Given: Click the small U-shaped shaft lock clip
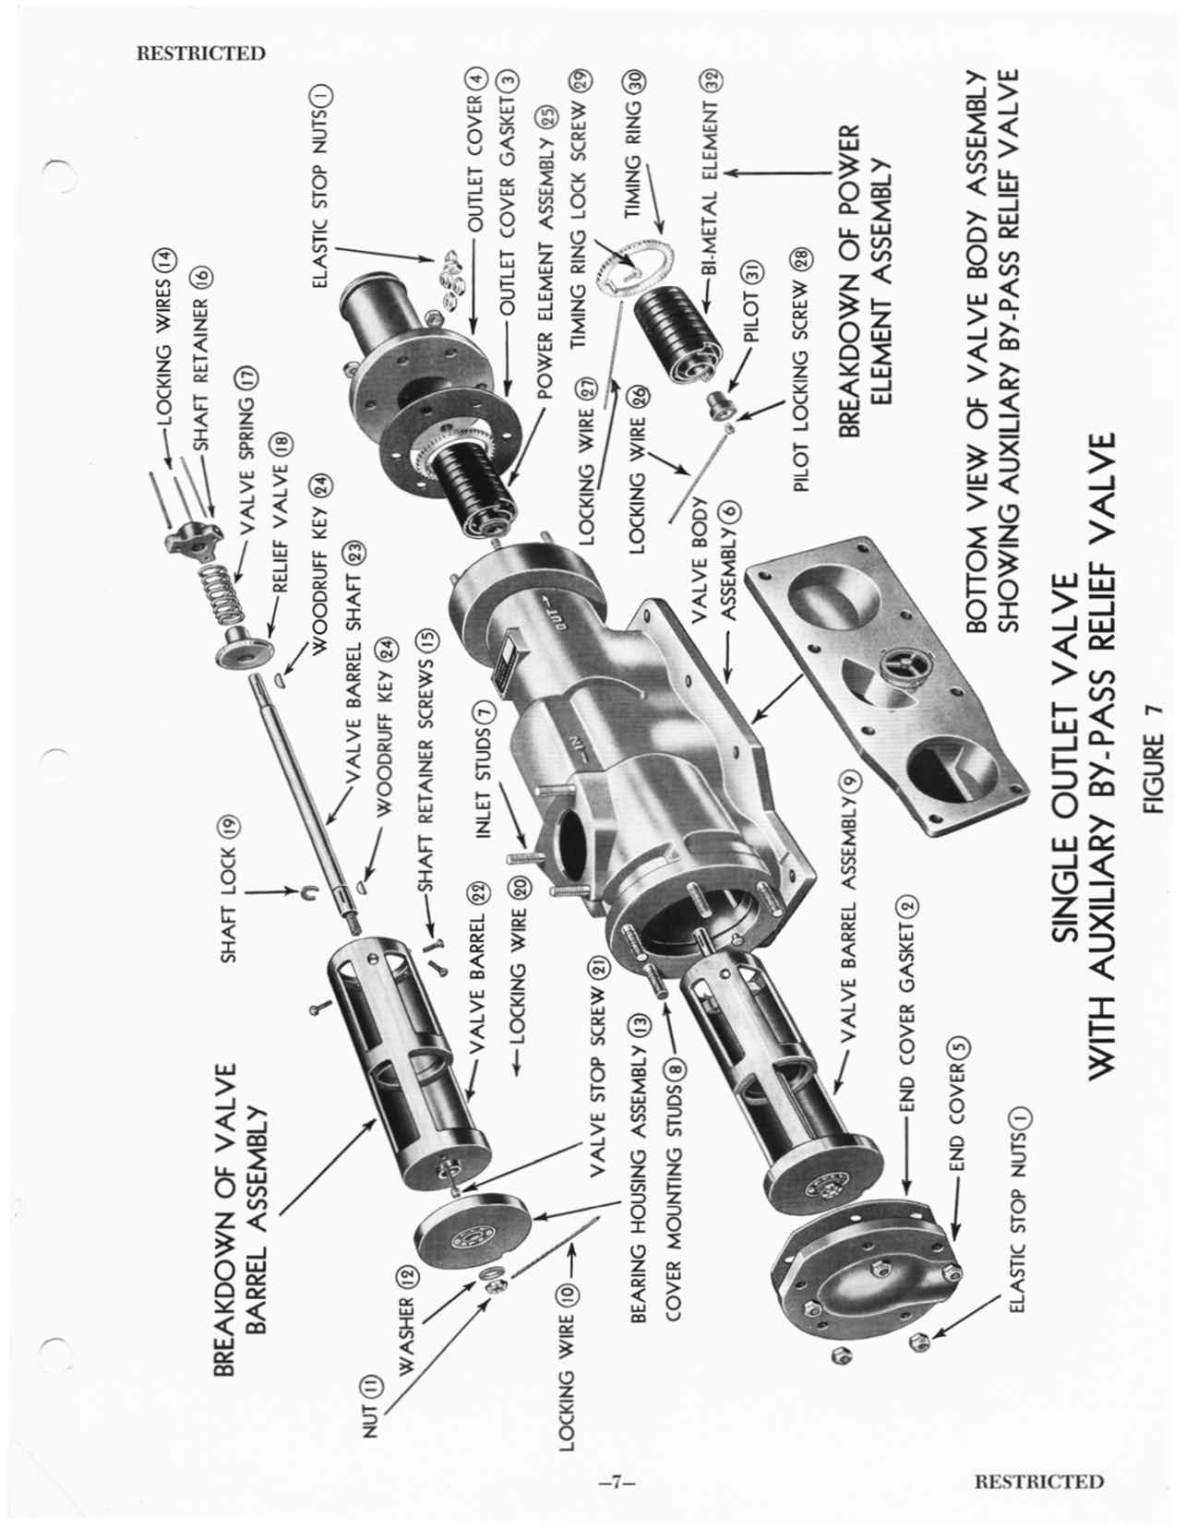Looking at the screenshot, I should [x=311, y=891].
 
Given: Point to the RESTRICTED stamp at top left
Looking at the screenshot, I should [x=200, y=54].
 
